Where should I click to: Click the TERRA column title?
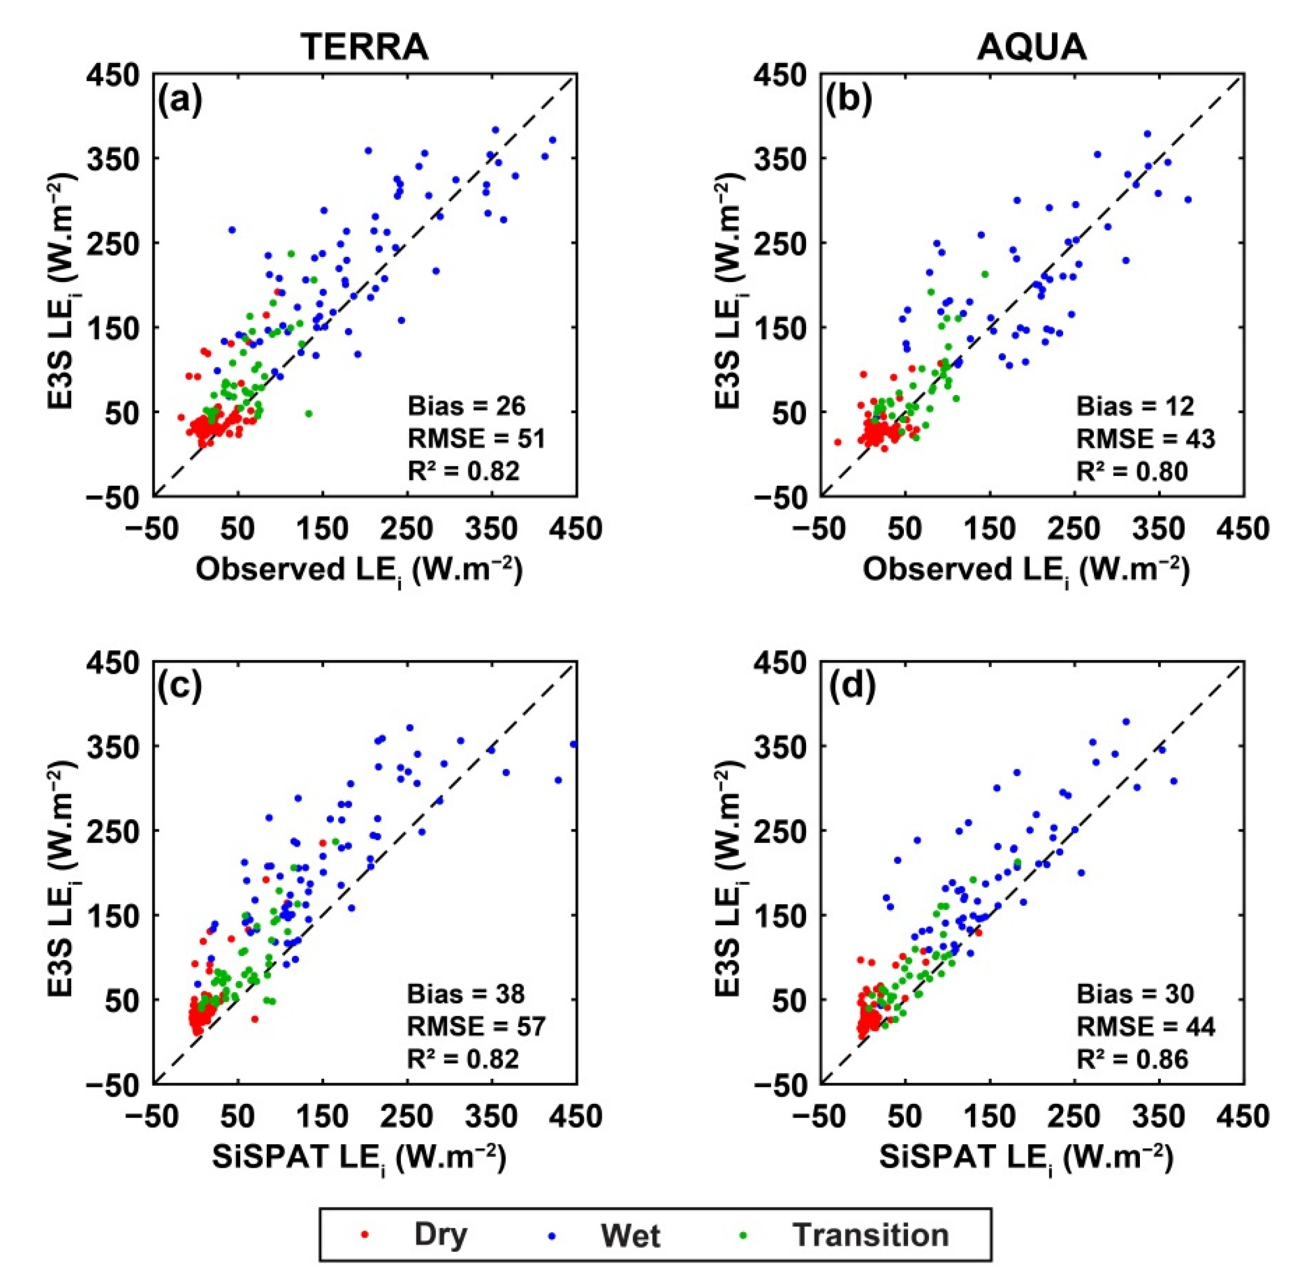click(x=364, y=47)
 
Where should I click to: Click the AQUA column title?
click(x=1032, y=47)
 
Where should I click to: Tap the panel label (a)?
click(x=179, y=101)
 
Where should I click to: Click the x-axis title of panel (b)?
click(x=1026, y=572)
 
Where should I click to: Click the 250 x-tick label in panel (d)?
click(x=1074, y=1116)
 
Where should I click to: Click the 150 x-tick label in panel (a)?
click(x=323, y=529)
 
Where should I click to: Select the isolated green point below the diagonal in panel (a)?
click(x=308, y=413)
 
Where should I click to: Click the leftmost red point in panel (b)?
click(x=837, y=442)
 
